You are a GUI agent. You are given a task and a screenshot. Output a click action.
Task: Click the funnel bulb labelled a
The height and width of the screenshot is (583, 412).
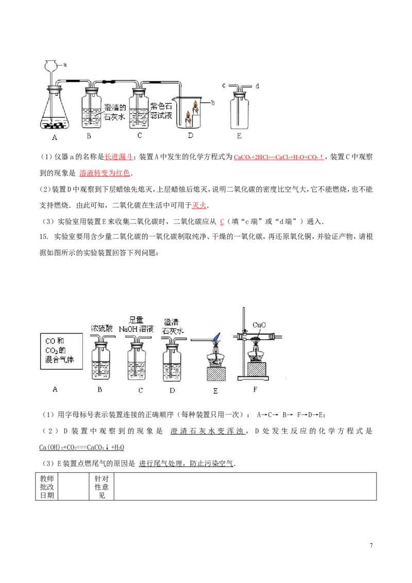(x=51, y=65)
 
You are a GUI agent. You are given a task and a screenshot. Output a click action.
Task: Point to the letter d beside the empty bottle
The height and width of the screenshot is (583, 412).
(x=256, y=85)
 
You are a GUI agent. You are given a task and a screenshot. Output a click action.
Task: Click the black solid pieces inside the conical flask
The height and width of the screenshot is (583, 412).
(x=54, y=124)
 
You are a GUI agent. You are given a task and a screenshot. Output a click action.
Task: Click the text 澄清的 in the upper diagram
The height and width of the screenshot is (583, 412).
(x=115, y=108)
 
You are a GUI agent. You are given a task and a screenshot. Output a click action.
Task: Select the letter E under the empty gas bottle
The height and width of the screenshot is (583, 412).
(x=239, y=136)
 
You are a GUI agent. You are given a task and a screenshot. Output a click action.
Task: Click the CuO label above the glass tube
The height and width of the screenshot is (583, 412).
(x=259, y=325)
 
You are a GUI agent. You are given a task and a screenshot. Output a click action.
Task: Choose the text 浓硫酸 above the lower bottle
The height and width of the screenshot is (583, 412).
(x=101, y=328)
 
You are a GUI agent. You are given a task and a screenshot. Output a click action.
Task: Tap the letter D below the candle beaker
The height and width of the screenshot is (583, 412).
(x=191, y=136)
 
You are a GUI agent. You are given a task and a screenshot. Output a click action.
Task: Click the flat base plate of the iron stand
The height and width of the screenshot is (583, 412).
(x=255, y=379)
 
